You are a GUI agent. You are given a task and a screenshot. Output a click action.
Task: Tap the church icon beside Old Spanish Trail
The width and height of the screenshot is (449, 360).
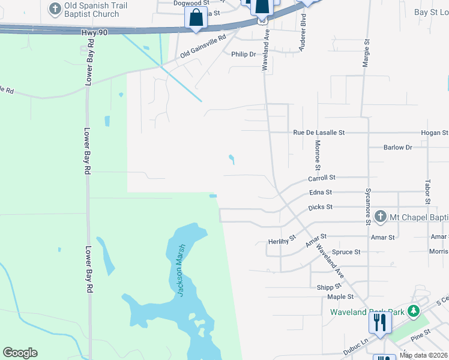55,9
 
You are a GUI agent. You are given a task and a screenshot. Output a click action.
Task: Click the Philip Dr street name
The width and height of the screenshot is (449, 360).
244,54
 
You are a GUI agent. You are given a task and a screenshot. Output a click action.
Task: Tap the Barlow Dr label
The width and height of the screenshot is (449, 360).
398,147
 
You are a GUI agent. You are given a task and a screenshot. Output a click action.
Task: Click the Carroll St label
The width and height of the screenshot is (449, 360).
321,178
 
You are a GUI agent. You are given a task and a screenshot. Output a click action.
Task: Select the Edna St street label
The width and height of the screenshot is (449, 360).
321,193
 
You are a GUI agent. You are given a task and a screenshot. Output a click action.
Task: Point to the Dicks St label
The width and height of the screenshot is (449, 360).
320,207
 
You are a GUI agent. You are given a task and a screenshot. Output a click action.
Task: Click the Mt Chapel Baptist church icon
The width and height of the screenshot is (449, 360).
379,216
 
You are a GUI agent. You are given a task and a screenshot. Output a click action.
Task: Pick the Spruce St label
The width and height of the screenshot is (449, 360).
346,252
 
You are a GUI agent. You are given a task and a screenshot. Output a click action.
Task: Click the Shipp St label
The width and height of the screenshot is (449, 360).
329,287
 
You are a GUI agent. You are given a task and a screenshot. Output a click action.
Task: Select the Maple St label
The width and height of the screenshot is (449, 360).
340,297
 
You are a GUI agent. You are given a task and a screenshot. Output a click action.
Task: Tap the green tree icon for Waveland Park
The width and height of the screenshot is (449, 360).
412,311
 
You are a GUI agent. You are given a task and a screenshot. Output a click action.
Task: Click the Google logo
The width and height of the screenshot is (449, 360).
20,353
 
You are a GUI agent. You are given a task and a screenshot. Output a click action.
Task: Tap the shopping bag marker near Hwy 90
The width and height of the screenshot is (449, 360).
196,18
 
